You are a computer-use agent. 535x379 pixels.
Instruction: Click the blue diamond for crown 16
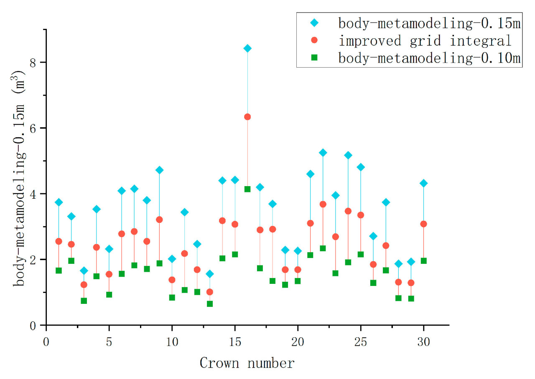tap(247, 48)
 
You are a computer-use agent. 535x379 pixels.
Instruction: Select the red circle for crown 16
tap(247, 117)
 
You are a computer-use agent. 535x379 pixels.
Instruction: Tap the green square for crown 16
tap(247, 189)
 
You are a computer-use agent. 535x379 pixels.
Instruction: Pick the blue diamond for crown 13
tap(209, 274)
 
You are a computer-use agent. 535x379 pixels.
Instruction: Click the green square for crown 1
tap(59, 270)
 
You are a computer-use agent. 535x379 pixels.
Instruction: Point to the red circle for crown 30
tap(423, 224)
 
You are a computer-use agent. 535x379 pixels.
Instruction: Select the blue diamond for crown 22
tap(323, 153)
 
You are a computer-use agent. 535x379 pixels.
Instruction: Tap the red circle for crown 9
tap(159, 220)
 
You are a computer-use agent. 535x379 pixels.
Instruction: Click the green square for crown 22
tap(323, 248)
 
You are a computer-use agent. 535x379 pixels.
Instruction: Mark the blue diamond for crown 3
tap(84, 270)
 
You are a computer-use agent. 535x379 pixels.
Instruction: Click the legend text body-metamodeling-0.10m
tap(429, 58)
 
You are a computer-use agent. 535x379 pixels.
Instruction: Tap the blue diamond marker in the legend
tap(315, 23)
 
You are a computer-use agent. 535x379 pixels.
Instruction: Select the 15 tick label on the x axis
tap(234, 336)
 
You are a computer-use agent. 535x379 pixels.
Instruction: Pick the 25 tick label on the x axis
tap(360, 336)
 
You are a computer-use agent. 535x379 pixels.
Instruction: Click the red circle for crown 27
tap(386, 245)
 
